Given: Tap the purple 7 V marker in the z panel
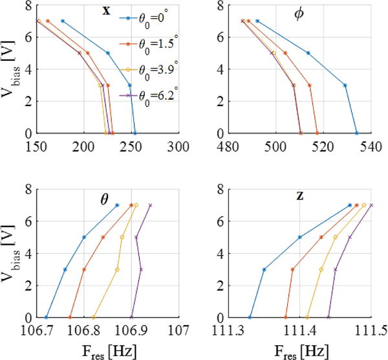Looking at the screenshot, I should (371, 205).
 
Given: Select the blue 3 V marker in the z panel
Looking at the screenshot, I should (264, 269).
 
